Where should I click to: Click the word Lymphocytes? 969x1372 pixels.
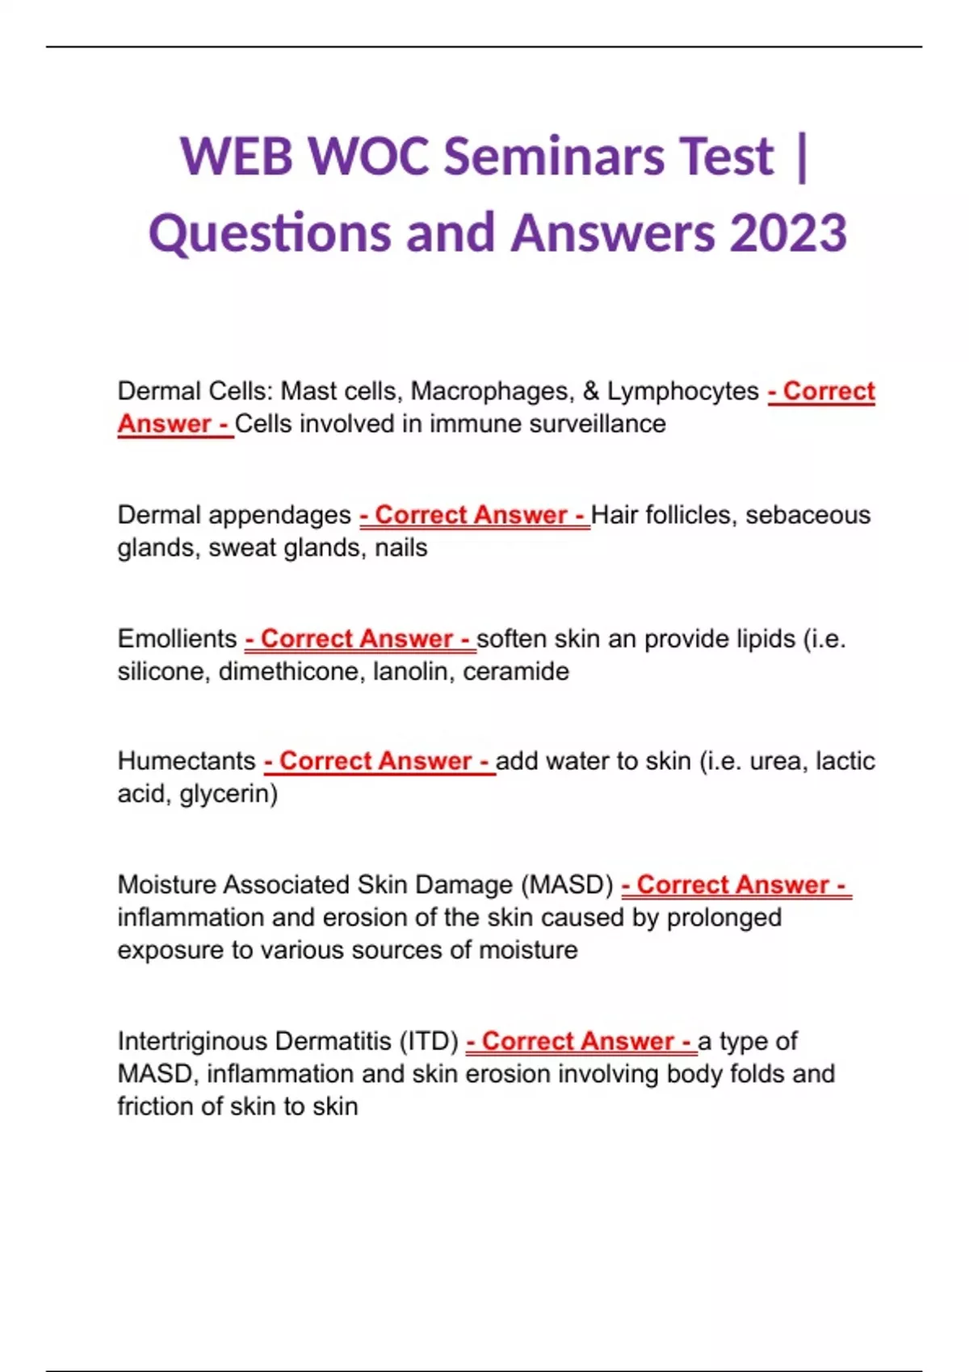tap(682, 391)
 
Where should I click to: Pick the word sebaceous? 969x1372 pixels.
tap(807, 515)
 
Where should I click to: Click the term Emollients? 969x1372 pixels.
tap(177, 638)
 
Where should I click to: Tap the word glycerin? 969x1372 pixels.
tap(229, 794)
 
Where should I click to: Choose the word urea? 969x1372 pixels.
tap(774, 761)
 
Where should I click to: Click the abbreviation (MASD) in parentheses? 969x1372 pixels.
tap(567, 885)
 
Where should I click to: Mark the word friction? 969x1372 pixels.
tap(155, 1106)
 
